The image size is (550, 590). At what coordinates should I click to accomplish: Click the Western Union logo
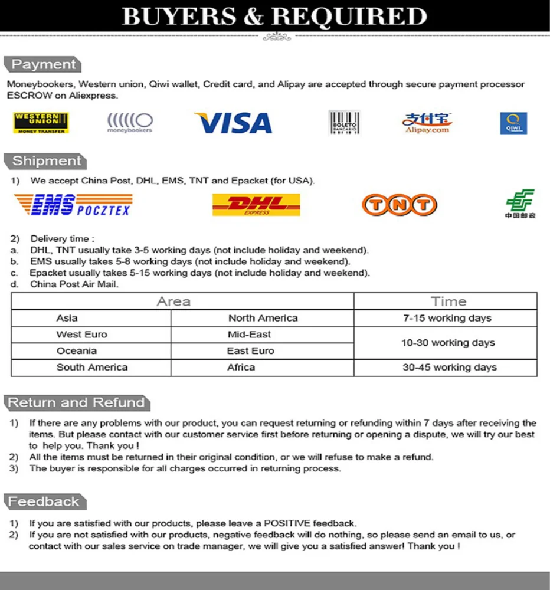pyautogui.click(x=41, y=123)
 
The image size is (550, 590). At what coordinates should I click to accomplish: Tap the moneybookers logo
pyautogui.click(x=130, y=123)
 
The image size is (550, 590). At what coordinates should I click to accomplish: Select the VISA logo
pyautogui.click(x=233, y=123)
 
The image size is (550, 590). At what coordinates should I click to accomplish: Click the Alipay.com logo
pyautogui.click(x=427, y=123)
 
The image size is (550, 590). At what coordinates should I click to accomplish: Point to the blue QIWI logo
pyautogui.click(x=513, y=123)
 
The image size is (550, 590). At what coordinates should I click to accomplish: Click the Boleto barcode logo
pyautogui.click(x=344, y=123)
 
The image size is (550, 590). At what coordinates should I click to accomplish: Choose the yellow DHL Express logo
pyautogui.click(x=256, y=205)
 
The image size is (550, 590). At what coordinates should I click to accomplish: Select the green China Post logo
pyautogui.click(x=520, y=204)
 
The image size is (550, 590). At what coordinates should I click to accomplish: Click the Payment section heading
pyautogui.click(x=44, y=65)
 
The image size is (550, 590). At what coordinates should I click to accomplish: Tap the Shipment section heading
pyautogui.click(x=47, y=161)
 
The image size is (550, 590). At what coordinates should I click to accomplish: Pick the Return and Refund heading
pyautogui.click(x=76, y=403)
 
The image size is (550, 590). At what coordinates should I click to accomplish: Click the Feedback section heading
pyautogui.click(x=44, y=502)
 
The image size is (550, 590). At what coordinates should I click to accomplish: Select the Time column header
pyautogui.click(x=448, y=301)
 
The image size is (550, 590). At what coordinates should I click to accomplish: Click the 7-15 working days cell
pyautogui.click(x=447, y=318)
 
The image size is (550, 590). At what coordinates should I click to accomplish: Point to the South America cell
pyautogui.click(x=92, y=367)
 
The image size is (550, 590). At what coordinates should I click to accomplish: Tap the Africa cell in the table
pyautogui.click(x=241, y=367)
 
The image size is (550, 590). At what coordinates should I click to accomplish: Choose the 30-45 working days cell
pyautogui.click(x=449, y=367)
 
